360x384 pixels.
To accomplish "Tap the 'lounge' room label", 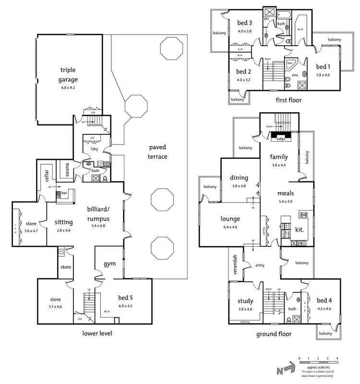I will coord(230,219).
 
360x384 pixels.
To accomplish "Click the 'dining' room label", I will coord(239,178).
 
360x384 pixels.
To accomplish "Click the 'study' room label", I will coord(245,301).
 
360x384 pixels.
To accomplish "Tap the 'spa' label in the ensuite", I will coord(290,62).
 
